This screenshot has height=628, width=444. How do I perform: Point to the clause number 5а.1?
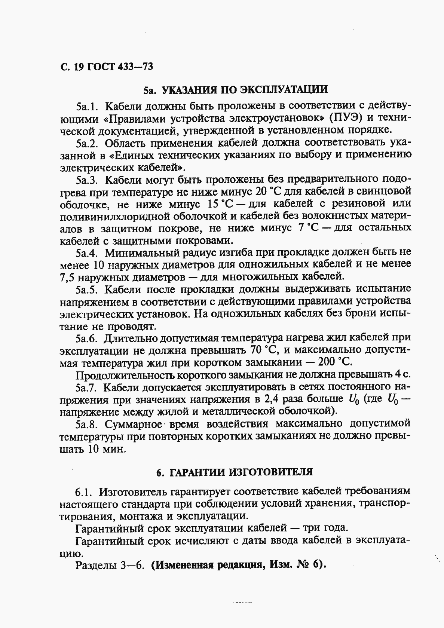click(87, 107)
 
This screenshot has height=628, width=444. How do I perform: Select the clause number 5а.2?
click(87, 143)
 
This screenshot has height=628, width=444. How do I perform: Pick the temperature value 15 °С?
click(220, 204)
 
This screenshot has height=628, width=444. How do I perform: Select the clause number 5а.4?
click(87, 252)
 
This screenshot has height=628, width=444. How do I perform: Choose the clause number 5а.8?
click(87, 424)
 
